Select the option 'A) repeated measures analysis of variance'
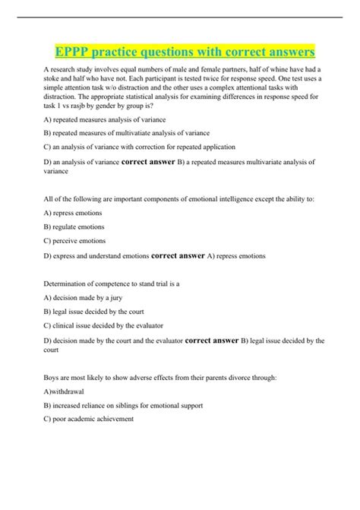105,120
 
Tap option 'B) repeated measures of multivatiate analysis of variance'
127,133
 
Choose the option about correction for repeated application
140,147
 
